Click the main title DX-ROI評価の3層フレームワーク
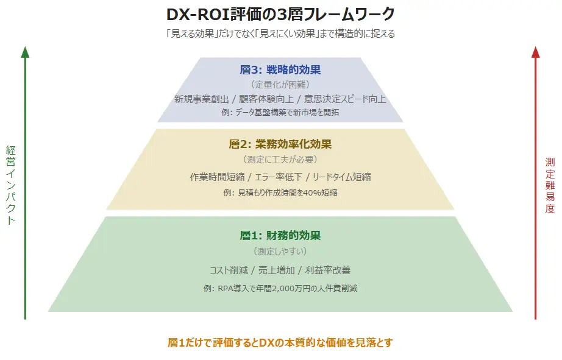(280, 14)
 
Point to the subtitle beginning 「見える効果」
(280, 34)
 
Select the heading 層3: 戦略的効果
(280, 69)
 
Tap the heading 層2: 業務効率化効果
(280, 144)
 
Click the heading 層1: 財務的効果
(280, 236)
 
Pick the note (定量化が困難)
(280, 85)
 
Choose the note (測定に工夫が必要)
(280, 160)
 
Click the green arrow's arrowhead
(25, 51)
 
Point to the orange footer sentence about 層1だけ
(280, 342)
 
